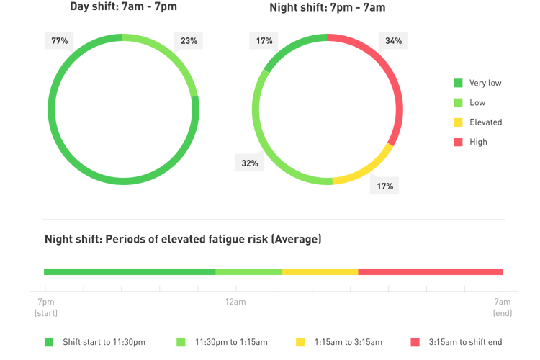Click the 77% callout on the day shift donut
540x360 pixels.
click(x=60, y=41)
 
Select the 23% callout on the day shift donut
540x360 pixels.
click(x=189, y=41)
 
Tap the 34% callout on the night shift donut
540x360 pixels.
click(x=393, y=41)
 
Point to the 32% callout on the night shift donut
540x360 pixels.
click(x=249, y=163)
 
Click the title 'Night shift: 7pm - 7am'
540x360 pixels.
click(x=328, y=8)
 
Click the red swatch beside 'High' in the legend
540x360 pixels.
click(x=457, y=142)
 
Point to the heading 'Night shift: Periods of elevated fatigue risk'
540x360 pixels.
click(x=182, y=239)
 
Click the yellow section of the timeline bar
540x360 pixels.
click(x=320, y=271)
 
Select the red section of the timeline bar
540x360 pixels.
click(x=430, y=271)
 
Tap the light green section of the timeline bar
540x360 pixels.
click(x=248, y=271)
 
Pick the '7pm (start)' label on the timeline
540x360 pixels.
click(x=46, y=307)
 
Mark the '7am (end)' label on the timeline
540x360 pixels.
click(x=502, y=307)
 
